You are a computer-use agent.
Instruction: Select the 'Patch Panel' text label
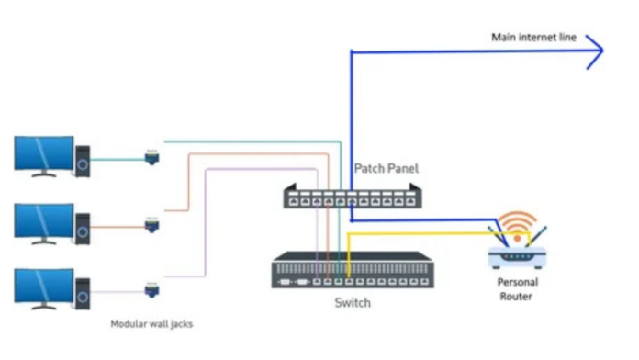pos(387,170)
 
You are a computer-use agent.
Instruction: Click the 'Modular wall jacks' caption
pos(152,324)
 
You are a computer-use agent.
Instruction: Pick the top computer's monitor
pos(43,153)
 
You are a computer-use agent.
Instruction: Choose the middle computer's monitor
pos(43,221)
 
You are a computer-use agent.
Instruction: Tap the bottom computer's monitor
pos(43,287)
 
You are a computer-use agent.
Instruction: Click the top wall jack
pos(151,158)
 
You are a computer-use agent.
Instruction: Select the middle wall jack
pos(151,223)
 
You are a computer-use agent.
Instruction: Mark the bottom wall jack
pos(151,290)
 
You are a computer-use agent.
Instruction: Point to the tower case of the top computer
pos(83,162)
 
